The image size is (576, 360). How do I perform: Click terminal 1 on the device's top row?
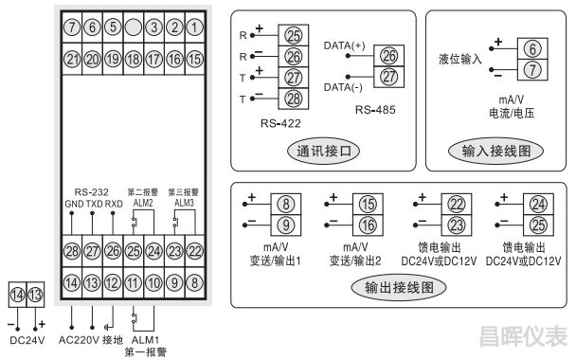[195, 27]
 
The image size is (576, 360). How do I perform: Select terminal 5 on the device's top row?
[113, 27]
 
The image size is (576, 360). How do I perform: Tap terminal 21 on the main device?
[71, 59]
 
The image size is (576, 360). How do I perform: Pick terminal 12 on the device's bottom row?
[113, 282]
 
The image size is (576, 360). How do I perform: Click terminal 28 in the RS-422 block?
[293, 98]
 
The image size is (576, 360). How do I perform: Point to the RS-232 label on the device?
[92, 189]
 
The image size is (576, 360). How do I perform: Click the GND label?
[73, 203]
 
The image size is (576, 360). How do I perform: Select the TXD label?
[93, 203]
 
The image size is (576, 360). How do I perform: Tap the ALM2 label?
[142, 203]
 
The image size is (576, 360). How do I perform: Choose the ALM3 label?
[184, 203]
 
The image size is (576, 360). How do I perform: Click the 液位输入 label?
[461, 59]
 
